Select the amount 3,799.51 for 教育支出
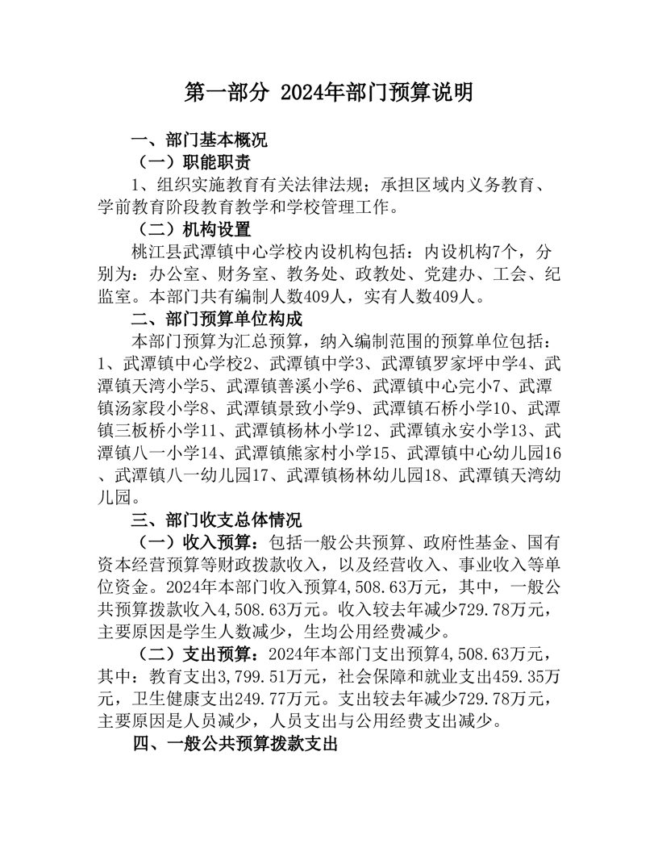pos(250,674)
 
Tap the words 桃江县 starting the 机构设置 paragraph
pos(153,252)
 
